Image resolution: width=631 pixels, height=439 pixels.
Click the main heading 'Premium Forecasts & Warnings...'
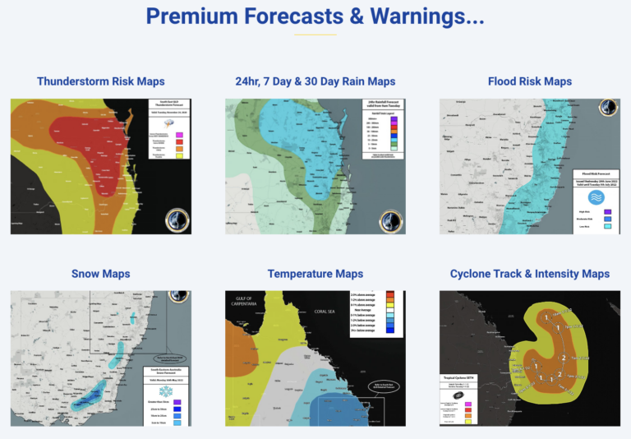315,16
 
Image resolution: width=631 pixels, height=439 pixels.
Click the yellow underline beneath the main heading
315,35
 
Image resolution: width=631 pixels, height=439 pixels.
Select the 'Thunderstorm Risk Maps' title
100,81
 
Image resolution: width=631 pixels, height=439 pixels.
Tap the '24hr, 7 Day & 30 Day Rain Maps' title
315,81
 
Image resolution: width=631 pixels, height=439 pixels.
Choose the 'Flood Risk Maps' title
529,81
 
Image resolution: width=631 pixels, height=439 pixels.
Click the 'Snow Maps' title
100,274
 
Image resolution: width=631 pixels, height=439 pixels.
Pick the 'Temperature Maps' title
315,274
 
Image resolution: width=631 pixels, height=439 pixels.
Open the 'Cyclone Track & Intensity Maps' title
529,274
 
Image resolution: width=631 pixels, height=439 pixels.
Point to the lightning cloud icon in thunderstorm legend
168,122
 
